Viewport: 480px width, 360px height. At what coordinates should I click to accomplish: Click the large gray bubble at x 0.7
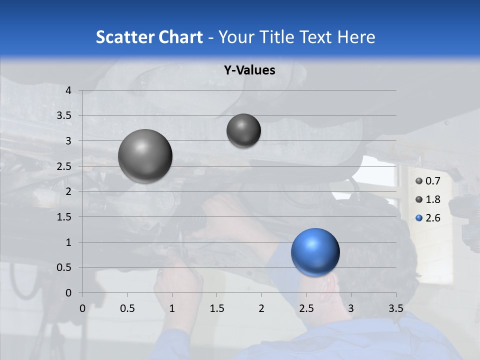tap(145, 156)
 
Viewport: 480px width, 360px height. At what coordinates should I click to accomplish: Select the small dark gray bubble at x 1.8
tap(243, 130)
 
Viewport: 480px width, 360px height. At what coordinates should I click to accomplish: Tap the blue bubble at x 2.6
tap(315, 252)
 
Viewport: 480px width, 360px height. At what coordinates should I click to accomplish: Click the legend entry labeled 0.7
tap(428, 181)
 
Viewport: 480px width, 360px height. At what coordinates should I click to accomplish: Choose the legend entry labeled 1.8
tap(428, 199)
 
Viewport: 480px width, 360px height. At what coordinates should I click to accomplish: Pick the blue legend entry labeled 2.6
tap(428, 218)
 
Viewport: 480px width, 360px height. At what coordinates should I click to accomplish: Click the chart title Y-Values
tap(249, 70)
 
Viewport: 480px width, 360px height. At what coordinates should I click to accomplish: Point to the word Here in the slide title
tap(356, 36)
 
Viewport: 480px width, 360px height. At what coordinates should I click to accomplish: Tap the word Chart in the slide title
tap(180, 36)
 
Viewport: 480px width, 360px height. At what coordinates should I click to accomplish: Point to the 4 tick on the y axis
tap(69, 90)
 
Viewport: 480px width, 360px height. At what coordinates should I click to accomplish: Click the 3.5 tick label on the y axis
tap(65, 116)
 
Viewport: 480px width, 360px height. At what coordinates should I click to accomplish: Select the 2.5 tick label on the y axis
tap(65, 166)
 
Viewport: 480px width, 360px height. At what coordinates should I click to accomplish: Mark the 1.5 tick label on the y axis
tap(65, 217)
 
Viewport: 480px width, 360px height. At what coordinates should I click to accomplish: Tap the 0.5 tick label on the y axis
tap(65, 267)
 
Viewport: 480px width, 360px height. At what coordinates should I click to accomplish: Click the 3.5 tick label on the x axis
tap(395, 308)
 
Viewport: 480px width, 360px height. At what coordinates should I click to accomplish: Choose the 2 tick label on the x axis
tap(261, 308)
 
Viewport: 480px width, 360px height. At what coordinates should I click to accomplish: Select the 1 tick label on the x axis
tap(172, 308)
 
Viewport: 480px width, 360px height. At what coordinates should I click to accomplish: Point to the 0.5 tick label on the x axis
tap(127, 308)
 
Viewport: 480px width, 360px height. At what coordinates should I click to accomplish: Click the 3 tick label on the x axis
tap(351, 308)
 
